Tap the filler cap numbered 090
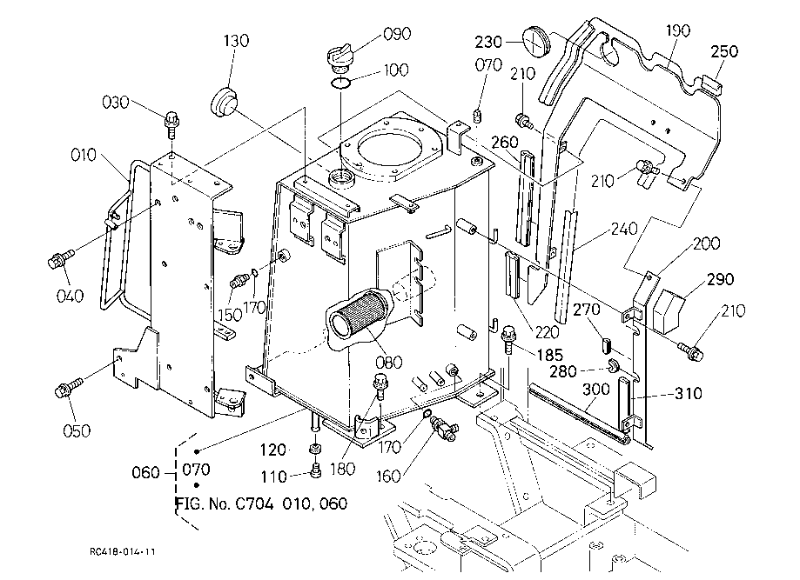339,59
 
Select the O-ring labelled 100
342,83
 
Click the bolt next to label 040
60,258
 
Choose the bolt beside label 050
68,388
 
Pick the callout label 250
724,51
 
